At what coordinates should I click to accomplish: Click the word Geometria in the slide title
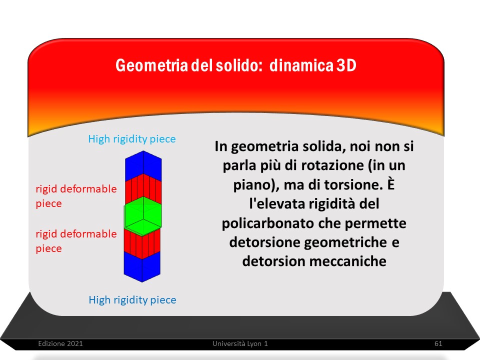point(152,65)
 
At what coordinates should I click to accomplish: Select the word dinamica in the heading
point(301,65)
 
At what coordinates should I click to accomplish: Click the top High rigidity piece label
point(132,139)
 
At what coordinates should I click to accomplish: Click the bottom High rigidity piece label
point(132,299)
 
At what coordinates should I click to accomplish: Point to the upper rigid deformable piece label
point(76,196)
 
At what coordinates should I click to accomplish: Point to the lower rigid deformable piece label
point(76,241)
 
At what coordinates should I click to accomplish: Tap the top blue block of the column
point(143,165)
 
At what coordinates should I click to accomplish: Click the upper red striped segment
point(143,189)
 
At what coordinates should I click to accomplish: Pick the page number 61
point(438,343)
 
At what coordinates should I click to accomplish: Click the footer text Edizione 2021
point(60,343)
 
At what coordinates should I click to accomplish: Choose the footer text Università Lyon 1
point(240,343)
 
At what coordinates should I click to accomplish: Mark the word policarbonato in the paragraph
point(265,223)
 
